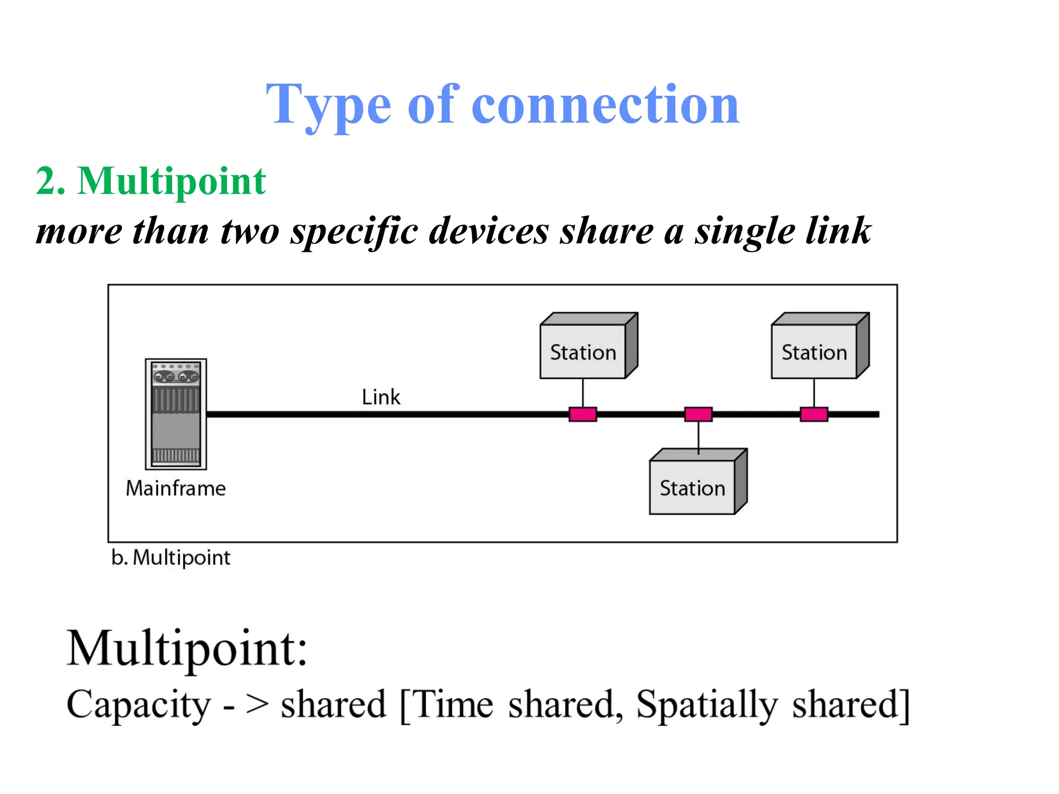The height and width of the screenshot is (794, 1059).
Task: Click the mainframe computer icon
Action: tap(176, 414)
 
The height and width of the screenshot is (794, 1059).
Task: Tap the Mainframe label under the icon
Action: tap(176, 488)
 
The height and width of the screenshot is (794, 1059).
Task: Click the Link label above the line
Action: tap(381, 397)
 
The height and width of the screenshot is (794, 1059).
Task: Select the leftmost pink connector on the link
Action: tap(583, 414)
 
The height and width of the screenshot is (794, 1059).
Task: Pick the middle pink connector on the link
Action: tap(698, 414)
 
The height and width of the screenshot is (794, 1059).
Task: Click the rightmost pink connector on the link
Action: tap(814, 414)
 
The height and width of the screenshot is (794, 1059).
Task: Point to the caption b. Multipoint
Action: tap(171, 558)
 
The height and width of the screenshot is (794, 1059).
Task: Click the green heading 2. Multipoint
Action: tap(150, 181)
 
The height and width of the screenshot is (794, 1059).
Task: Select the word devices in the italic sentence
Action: tap(489, 231)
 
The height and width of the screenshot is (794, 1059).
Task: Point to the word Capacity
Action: tap(139, 704)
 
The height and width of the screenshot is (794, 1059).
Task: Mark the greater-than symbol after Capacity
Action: tap(258, 704)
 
